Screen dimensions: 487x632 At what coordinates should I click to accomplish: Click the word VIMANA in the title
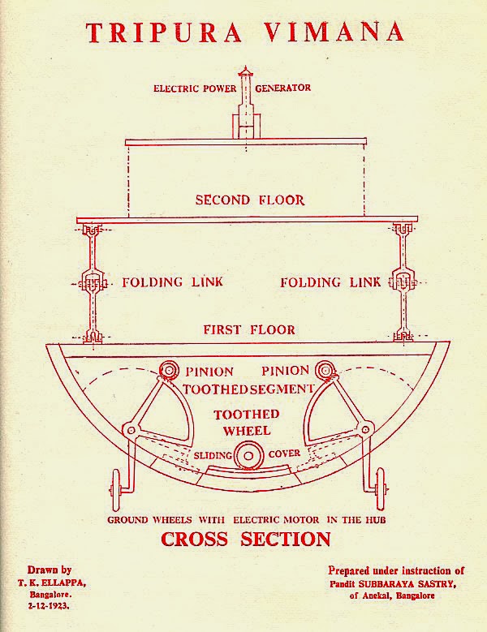(334, 32)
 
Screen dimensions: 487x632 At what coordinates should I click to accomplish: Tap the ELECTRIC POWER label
(195, 88)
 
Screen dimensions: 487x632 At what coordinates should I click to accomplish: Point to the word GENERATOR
(283, 88)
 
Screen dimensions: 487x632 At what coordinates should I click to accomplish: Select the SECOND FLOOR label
(250, 200)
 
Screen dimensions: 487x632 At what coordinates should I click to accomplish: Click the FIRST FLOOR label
(249, 329)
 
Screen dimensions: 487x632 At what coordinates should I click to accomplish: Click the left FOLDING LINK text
(173, 282)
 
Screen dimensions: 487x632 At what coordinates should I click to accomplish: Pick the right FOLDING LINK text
(330, 282)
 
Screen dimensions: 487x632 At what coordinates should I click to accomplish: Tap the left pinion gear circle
(169, 370)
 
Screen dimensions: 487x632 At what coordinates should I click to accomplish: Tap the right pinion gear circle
(324, 370)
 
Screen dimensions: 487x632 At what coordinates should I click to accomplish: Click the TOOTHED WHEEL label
(247, 423)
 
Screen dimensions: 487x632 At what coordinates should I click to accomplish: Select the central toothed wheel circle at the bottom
(248, 456)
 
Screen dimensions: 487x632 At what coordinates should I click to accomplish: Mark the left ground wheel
(116, 490)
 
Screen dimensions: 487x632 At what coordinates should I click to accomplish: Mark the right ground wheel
(380, 488)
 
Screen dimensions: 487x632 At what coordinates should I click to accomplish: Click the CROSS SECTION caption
(246, 539)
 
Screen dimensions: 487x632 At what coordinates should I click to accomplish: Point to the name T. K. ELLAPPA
(52, 583)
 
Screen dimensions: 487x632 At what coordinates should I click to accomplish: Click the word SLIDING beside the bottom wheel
(213, 455)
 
